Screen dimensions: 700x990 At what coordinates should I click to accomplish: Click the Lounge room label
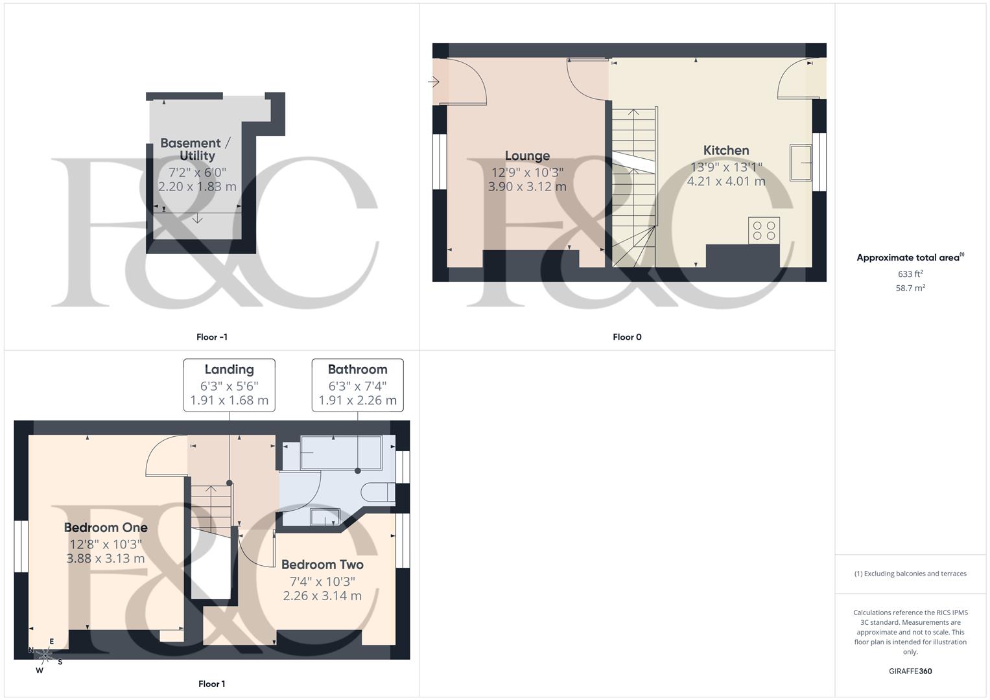(527, 156)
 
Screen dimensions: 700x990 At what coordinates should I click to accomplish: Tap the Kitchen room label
(726, 150)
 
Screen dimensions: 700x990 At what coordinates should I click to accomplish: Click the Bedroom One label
(106, 528)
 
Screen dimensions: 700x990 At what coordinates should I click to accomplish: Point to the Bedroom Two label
(322, 565)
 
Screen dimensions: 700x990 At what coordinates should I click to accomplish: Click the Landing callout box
(229, 385)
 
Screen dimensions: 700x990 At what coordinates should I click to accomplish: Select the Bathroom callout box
(357, 385)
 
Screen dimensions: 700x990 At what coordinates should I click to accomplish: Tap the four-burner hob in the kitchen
(764, 231)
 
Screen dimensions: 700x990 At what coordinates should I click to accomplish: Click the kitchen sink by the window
(801, 162)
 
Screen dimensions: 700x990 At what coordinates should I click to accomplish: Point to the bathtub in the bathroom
(340, 452)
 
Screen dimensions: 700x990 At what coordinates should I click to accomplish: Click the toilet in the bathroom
(377, 493)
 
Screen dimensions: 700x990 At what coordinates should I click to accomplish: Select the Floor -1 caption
(212, 337)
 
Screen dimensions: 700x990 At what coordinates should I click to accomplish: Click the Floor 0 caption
(627, 337)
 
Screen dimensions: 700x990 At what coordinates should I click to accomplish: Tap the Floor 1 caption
(212, 684)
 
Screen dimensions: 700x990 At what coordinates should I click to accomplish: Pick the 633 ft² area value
(910, 274)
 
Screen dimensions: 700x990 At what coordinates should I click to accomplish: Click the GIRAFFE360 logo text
(910, 671)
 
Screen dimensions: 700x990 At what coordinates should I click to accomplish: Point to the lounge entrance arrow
(434, 82)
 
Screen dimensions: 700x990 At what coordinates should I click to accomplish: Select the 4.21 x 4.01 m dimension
(726, 181)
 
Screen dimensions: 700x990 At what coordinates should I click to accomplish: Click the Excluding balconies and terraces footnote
(910, 574)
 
